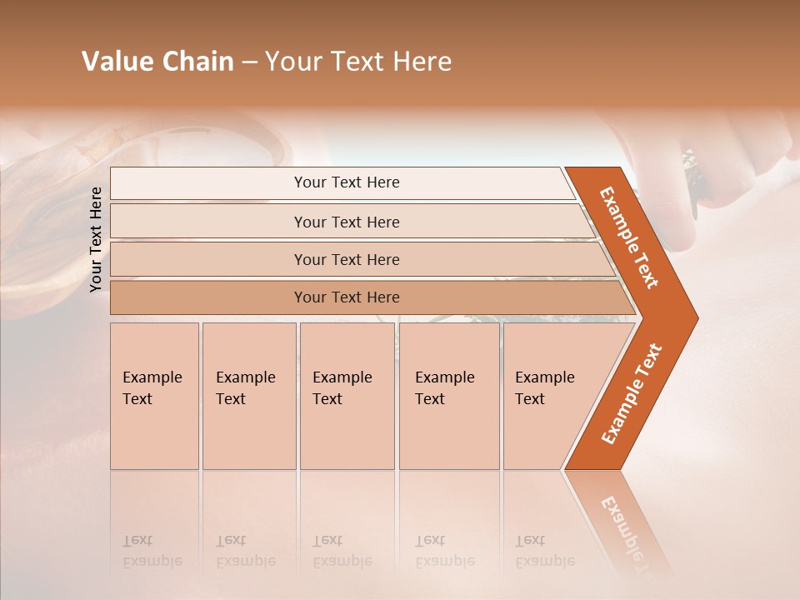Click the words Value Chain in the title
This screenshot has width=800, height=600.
[x=157, y=62]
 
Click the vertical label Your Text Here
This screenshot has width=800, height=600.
[x=96, y=239]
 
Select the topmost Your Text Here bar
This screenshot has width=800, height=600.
[x=347, y=182]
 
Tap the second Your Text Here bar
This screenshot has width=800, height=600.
[x=347, y=222]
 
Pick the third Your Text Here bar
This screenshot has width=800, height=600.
[x=347, y=259]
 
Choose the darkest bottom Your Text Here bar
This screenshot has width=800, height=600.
[x=347, y=297]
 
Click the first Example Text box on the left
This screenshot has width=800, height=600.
[x=154, y=396]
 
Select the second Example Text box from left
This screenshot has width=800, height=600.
[x=248, y=396]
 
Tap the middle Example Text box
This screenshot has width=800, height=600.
[x=347, y=396]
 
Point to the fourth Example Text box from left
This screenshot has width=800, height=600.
[x=449, y=396]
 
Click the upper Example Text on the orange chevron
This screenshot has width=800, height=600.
[x=629, y=237]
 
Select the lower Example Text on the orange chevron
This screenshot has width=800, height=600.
[x=632, y=394]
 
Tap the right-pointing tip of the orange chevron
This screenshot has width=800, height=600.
[x=693, y=317]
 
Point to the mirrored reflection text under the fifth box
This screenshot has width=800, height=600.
[x=545, y=551]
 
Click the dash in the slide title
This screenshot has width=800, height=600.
[x=249, y=62]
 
